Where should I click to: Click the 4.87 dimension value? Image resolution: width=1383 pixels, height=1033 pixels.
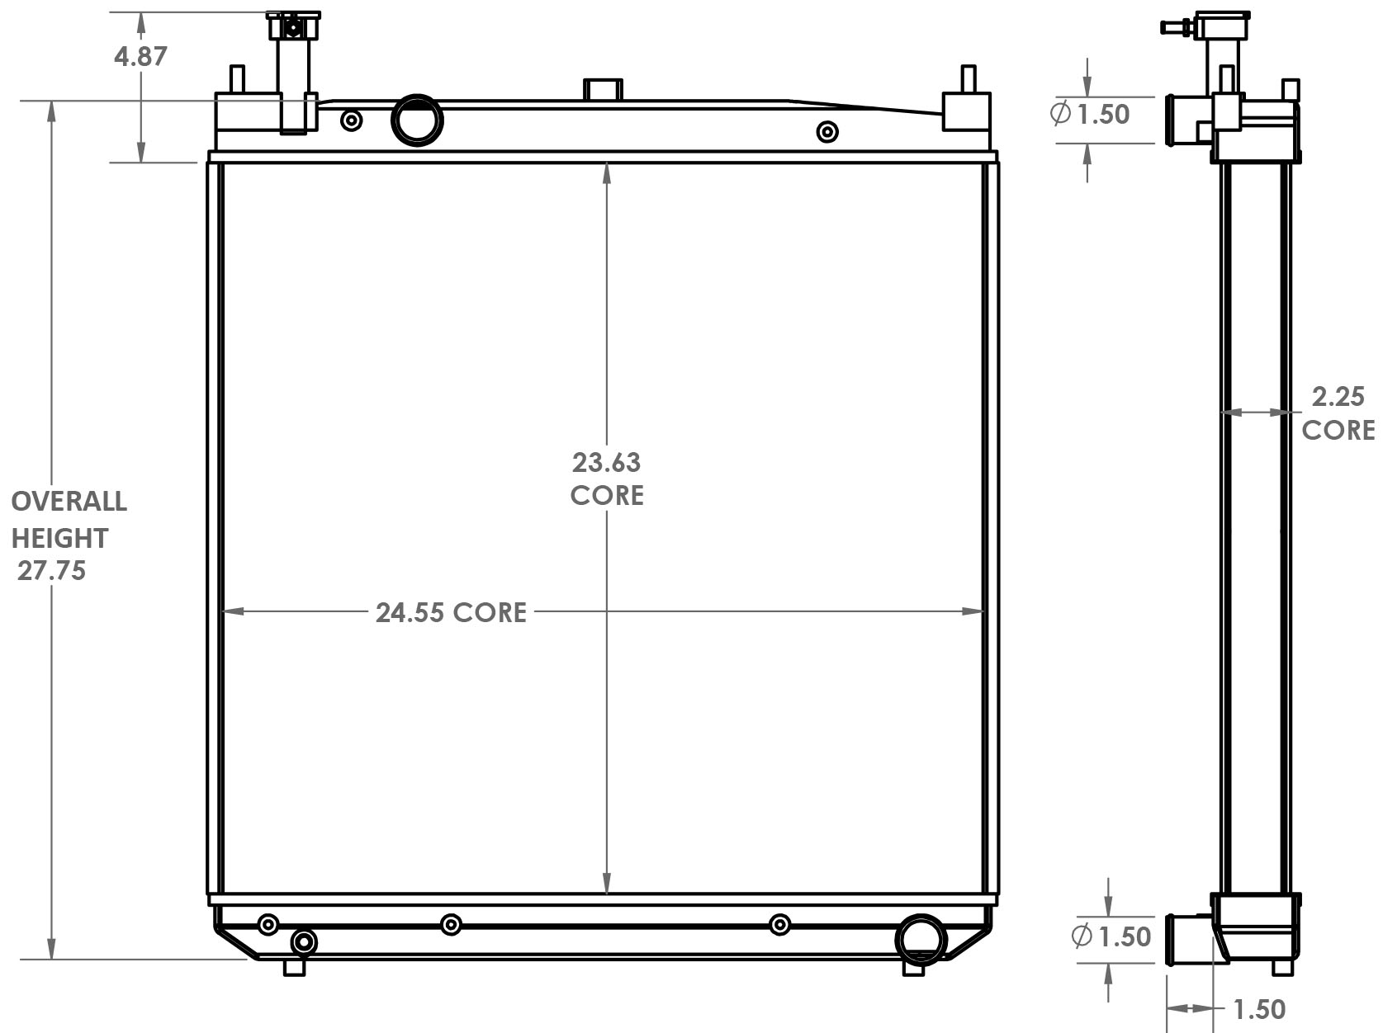point(140,56)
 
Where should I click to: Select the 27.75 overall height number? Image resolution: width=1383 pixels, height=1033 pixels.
point(51,571)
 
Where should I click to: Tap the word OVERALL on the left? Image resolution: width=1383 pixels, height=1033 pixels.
point(69,502)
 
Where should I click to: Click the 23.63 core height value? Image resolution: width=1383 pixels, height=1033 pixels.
point(606,463)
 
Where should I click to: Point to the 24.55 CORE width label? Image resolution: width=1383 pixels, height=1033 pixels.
point(451,612)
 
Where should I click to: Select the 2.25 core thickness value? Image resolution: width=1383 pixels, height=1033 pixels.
point(1338,398)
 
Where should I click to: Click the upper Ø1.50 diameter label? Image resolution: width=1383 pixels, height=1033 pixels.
point(1090,114)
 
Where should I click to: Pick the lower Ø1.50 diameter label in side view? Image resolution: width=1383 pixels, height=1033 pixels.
point(1111,936)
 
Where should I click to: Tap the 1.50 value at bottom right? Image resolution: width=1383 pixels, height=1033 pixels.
point(1258,1009)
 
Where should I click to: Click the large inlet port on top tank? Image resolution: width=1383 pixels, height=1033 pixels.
point(416,120)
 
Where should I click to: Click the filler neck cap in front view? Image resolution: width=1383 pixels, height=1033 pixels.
point(292,26)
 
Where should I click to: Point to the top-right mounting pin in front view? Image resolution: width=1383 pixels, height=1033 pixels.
point(967,80)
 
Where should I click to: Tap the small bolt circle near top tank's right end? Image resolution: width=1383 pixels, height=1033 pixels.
point(826,132)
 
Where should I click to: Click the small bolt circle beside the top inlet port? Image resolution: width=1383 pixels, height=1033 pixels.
point(352,121)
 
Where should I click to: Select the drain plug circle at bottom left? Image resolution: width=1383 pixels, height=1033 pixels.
point(304,941)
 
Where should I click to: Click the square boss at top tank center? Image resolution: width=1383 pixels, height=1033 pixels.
point(603,89)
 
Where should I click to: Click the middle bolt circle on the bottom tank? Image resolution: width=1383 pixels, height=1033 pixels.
point(451,924)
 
